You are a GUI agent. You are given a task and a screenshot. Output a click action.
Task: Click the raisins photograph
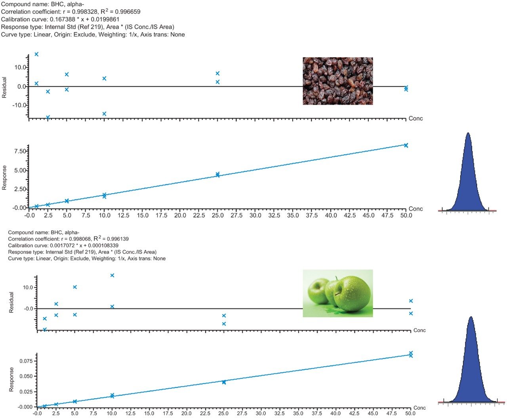click(338, 81)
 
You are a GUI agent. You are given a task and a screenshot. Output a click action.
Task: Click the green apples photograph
click(338, 293)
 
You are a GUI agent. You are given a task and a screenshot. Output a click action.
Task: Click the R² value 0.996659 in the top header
click(127, 12)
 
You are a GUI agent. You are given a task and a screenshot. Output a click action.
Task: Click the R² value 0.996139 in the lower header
click(116, 239)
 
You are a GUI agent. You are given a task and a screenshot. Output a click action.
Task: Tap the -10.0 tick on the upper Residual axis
click(19, 105)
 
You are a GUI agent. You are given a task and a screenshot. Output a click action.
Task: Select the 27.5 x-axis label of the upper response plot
click(236, 216)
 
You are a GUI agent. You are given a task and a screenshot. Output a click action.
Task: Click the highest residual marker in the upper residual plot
click(36, 54)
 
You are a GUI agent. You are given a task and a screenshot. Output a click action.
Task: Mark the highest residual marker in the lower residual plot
click(112, 275)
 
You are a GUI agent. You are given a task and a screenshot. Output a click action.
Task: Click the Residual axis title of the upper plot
click(4, 87)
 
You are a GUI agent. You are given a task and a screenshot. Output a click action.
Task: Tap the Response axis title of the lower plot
click(11, 380)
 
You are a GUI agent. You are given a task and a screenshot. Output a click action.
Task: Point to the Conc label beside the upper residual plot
click(416, 119)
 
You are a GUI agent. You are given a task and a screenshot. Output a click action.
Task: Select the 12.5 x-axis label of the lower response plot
click(130, 414)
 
